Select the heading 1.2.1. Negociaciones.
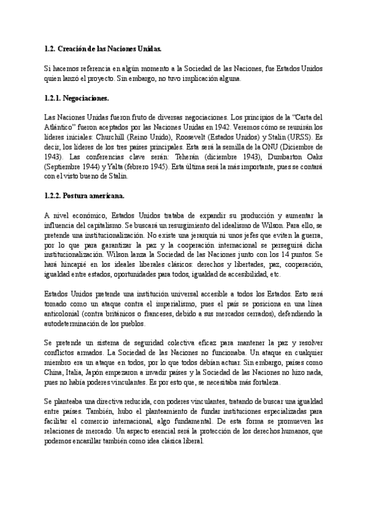tap(77, 97)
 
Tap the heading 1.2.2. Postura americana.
tap(84, 197)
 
